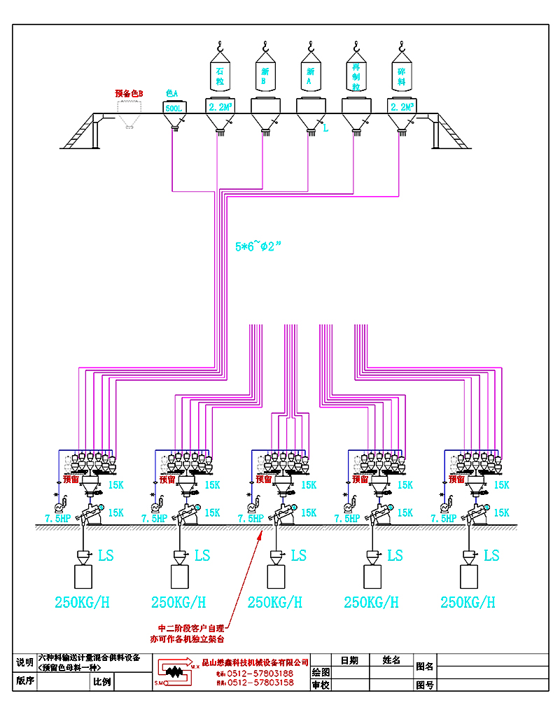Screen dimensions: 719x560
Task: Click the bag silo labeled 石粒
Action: tap(219, 76)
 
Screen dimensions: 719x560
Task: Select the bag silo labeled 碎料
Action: tap(401, 76)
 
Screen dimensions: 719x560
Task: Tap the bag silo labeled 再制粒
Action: tap(356, 76)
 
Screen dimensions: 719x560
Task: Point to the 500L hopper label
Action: tap(172, 109)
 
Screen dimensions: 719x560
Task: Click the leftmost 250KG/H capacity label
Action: tap(82, 602)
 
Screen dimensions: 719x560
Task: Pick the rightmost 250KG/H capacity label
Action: tap(468, 602)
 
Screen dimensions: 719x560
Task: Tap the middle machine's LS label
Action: tap(299, 556)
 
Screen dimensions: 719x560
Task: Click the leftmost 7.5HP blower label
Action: tap(57, 519)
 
